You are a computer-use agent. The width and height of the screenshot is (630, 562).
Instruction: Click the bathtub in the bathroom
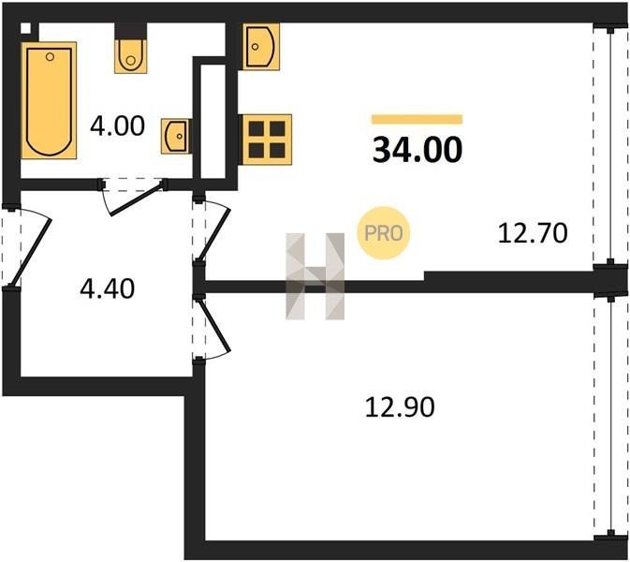click(49, 100)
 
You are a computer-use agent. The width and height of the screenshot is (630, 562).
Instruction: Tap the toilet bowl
click(130, 56)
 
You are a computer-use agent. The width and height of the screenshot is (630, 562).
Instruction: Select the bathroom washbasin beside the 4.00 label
click(176, 136)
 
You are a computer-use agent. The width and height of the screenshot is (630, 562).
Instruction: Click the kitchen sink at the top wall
click(261, 47)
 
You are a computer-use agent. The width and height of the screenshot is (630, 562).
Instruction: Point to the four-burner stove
click(266, 140)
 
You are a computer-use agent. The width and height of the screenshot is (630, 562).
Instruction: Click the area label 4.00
click(117, 126)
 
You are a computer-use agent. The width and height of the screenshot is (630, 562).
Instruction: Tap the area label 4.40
click(108, 288)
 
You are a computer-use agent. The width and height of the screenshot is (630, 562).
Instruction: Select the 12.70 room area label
click(533, 233)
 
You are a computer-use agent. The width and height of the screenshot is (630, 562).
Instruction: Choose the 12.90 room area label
click(400, 407)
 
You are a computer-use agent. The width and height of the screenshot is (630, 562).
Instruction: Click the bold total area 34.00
click(418, 150)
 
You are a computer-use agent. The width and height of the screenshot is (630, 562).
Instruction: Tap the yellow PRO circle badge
click(383, 232)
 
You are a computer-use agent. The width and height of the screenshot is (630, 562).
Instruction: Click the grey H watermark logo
click(315, 276)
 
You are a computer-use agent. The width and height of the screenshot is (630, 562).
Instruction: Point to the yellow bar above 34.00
click(418, 119)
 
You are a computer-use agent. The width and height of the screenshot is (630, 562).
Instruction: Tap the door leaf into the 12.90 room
click(213, 325)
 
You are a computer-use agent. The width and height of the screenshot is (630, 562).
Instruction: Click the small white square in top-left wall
click(25, 28)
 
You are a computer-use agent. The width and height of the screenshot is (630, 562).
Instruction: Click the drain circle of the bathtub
click(50, 57)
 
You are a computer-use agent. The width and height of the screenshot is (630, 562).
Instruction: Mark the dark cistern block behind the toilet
click(130, 31)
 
